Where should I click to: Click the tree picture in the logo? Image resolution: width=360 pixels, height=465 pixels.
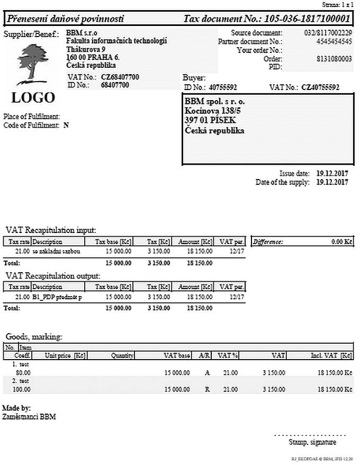[x=32, y=64]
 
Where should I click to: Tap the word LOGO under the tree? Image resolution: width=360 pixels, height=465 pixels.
[x=33, y=97]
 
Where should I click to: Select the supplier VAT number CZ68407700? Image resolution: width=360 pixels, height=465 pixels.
[x=120, y=77]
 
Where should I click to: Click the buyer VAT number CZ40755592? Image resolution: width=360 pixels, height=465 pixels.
[x=320, y=87]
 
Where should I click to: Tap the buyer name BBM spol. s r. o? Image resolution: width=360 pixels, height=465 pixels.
[x=215, y=101]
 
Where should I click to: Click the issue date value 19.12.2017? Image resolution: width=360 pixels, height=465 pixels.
[x=332, y=173]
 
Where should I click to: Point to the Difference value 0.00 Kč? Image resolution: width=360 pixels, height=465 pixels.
[x=341, y=242]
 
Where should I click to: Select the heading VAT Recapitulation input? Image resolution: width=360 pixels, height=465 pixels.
[x=51, y=230]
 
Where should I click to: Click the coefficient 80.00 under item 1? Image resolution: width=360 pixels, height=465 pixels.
[x=22, y=372]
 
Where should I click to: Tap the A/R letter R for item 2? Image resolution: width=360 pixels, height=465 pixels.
[x=207, y=389]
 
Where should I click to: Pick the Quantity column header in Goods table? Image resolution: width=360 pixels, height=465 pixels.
[x=122, y=356]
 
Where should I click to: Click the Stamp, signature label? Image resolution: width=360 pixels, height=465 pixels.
[x=312, y=442]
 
